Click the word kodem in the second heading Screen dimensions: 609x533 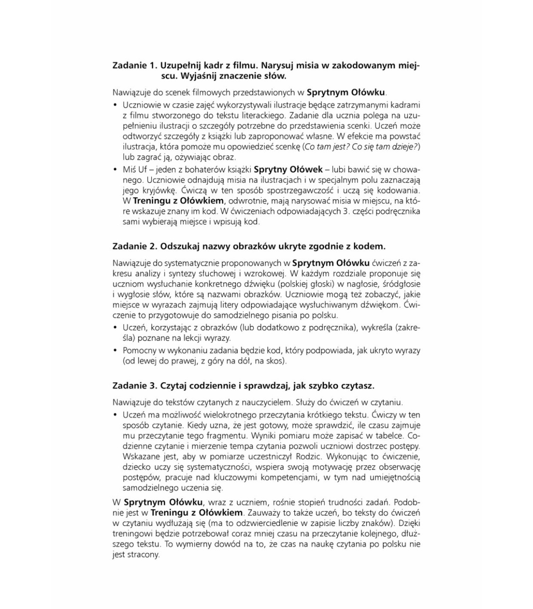(x=371, y=246)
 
